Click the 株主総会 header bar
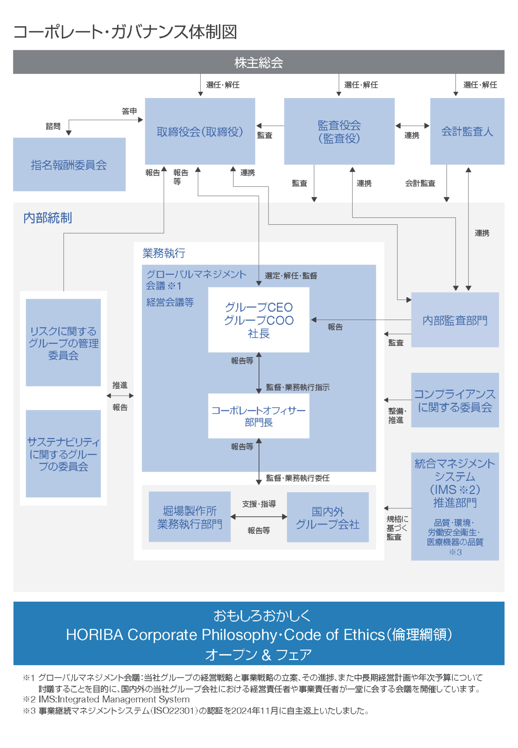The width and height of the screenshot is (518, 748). click(x=259, y=62)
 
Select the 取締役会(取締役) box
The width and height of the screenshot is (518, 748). click(x=200, y=131)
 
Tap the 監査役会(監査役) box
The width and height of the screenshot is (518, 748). click(x=339, y=131)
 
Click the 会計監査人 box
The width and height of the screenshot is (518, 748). click(x=467, y=131)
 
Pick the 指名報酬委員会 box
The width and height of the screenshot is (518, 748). click(x=69, y=164)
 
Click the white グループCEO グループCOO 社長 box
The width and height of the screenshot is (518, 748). click(x=259, y=320)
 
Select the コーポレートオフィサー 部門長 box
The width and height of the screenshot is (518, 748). click(x=259, y=416)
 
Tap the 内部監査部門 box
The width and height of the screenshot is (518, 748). click(x=455, y=320)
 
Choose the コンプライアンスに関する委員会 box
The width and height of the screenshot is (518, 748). click(x=455, y=400)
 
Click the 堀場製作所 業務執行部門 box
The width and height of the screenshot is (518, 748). click(x=190, y=517)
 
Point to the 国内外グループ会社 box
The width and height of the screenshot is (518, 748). click(x=328, y=517)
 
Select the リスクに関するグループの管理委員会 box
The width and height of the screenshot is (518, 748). click(x=63, y=343)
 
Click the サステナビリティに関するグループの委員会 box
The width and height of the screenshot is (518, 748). click(x=63, y=453)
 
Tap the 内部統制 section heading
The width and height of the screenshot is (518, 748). click(x=47, y=218)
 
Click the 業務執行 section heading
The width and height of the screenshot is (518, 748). click(x=164, y=253)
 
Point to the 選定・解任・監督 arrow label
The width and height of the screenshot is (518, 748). click(x=291, y=276)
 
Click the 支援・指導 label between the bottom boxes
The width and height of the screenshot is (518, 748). click(x=259, y=503)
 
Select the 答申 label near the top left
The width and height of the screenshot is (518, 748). click(x=129, y=111)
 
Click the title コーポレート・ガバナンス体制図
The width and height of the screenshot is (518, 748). click(x=125, y=31)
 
